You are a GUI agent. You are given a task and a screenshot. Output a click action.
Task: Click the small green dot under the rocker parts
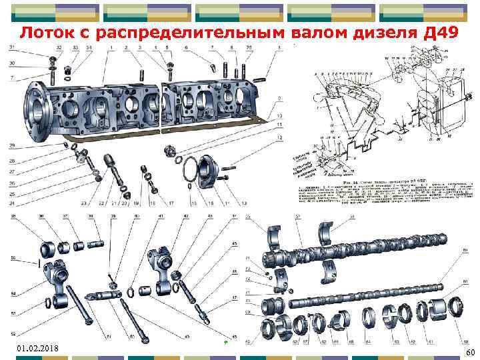(226, 342)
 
